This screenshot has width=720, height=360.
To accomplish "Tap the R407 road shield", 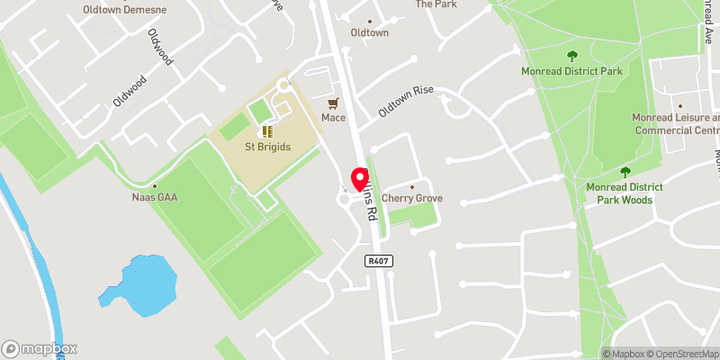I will pyautogui.click(x=377, y=261).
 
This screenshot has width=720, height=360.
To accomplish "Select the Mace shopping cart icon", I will pyautogui.click(x=334, y=103).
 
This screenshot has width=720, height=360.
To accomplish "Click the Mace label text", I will pyautogui.click(x=334, y=118).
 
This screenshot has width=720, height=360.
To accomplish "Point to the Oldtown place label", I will pyautogui.click(x=369, y=33).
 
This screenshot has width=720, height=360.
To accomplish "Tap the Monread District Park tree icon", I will pyautogui.click(x=572, y=56).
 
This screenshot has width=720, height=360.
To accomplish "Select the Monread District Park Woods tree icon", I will pyautogui.click(x=625, y=172).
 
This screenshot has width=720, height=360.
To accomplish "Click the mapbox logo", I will pyautogui.click(x=40, y=348).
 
